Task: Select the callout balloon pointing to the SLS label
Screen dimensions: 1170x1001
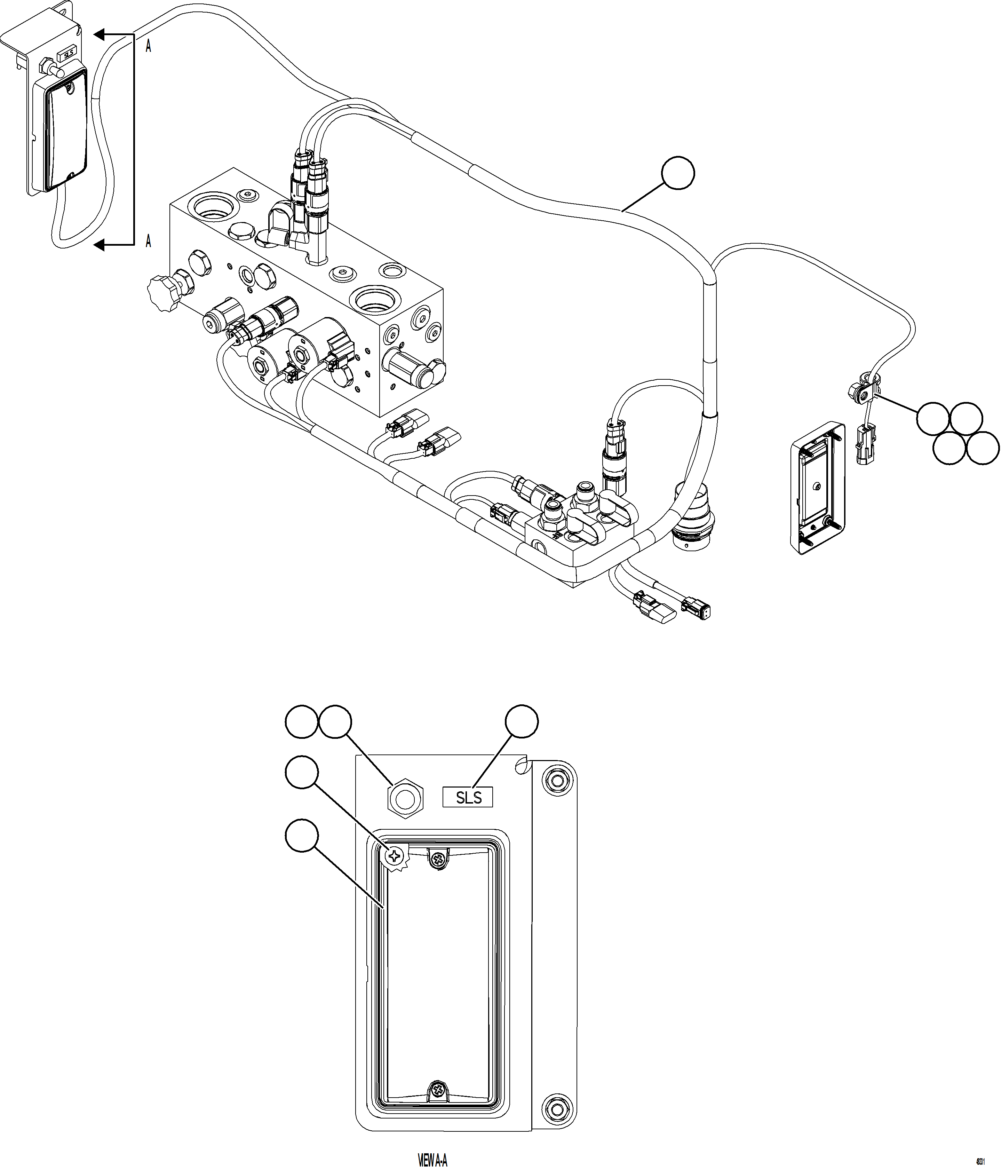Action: pos(521,721)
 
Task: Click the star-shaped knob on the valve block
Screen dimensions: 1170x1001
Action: pos(162,292)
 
